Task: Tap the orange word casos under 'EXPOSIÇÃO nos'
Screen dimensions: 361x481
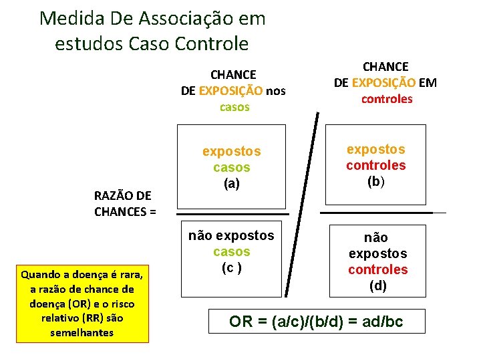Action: pos(234,107)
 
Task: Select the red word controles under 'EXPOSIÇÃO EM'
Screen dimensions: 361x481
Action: pos(387,99)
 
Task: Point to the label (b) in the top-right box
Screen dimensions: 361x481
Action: pos(375,180)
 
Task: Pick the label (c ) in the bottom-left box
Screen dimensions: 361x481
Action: pos(231,267)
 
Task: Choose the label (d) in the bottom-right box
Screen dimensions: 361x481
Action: pos(377,285)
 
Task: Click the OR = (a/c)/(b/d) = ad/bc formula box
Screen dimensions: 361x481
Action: pos(316,322)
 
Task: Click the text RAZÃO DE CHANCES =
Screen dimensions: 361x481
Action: pos(124,204)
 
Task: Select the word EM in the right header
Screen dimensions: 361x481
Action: pos(428,83)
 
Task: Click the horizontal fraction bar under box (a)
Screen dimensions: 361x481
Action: pos(234,214)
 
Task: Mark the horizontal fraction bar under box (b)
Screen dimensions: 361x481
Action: pos(377,213)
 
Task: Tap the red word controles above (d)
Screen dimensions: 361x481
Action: pos(377,269)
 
